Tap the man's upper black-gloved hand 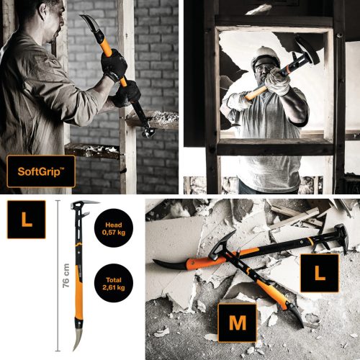[113, 64]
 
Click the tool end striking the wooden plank [147, 130]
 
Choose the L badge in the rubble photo [320, 273]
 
